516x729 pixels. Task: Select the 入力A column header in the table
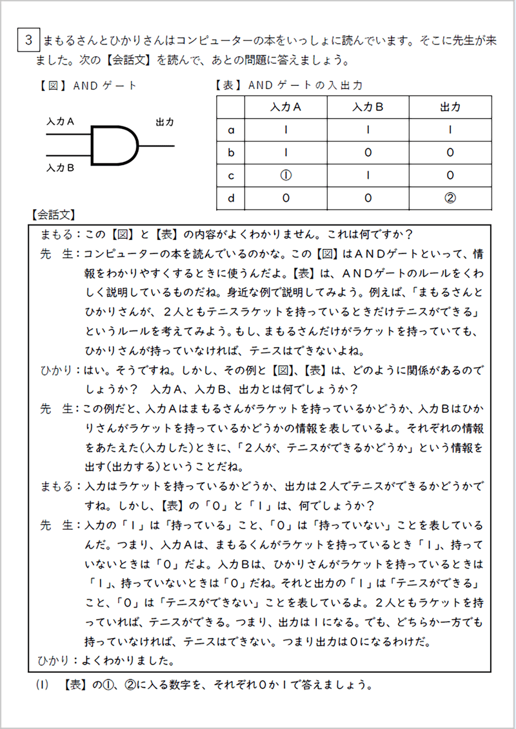(x=286, y=107)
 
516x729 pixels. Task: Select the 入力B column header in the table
(x=368, y=107)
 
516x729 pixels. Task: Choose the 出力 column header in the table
(x=450, y=107)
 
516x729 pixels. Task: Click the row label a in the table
(x=232, y=130)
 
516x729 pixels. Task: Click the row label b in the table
(x=232, y=152)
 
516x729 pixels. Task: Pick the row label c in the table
(x=232, y=175)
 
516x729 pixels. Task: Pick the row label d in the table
(x=232, y=198)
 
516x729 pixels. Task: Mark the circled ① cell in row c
(x=286, y=175)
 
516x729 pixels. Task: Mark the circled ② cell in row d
(x=450, y=198)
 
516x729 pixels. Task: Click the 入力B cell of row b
(x=368, y=152)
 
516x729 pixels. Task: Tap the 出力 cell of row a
(x=450, y=130)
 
